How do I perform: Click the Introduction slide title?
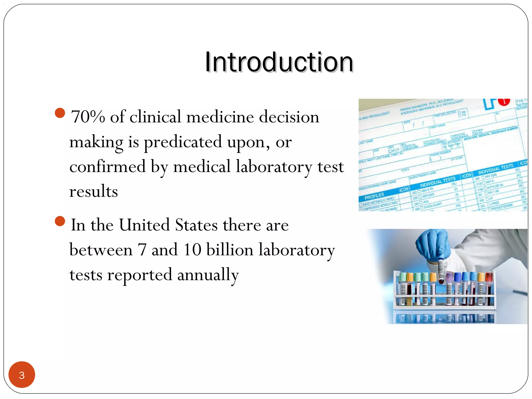click(279, 62)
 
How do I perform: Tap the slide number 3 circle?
click(22, 375)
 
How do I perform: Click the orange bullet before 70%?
click(60, 113)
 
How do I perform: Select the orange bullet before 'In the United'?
click(60, 221)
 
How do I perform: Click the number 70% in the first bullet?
click(88, 117)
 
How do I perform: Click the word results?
click(94, 191)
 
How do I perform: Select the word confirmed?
click(108, 167)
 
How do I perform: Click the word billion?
click(230, 250)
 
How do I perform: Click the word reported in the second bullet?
click(139, 275)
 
